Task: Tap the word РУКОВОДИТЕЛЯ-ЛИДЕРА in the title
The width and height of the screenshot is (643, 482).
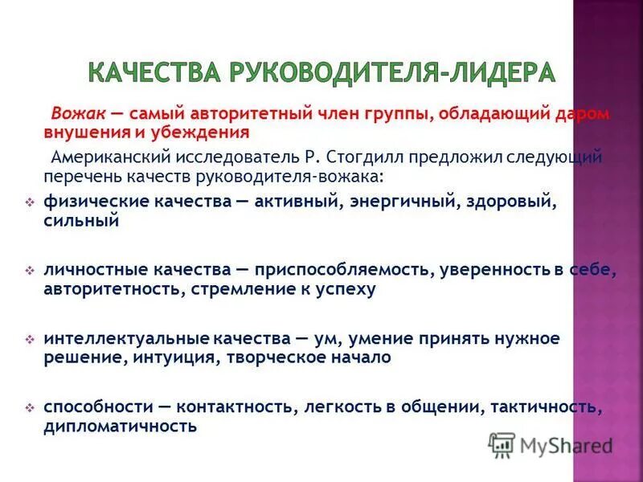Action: click(x=394, y=72)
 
